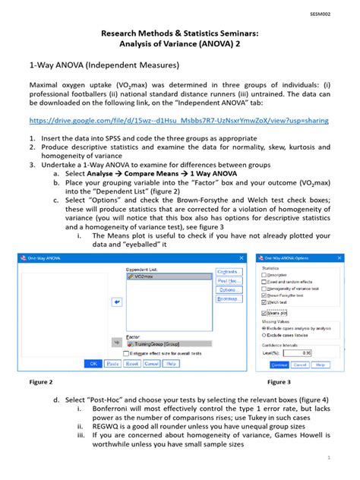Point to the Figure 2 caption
(x=40, y=381)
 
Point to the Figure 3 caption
(x=279, y=381)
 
